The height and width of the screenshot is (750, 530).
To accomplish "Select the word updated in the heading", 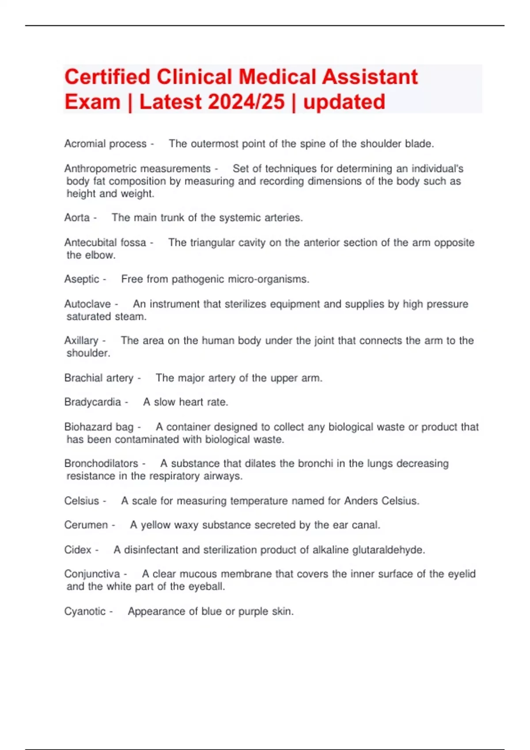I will click(x=344, y=102).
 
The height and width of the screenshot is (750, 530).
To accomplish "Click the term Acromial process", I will click(x=105, y=144).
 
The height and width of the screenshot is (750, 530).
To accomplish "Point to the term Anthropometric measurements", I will click(x=137, y=169).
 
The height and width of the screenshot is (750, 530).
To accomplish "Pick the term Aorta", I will click(x=77, y=217).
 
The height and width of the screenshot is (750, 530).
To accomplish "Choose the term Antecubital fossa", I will click(x=105, y=243).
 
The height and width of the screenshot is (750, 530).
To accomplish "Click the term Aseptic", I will click(x=82, y=279).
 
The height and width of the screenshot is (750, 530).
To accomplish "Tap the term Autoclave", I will click(x=87, y=304).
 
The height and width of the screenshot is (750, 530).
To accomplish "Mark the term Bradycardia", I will click(x=92, y=402).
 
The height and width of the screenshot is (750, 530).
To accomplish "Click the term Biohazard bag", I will click(x=98, y=427).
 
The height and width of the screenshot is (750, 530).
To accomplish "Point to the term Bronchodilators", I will click(x=101, y=464).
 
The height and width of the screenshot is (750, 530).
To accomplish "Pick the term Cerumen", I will click(x=86, y=525).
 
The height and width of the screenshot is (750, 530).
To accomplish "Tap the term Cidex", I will click(x=78, y=550).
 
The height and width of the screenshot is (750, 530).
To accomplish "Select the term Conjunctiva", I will click(x=92, y=574).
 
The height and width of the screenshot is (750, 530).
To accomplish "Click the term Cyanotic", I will click(x=85, y=611).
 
